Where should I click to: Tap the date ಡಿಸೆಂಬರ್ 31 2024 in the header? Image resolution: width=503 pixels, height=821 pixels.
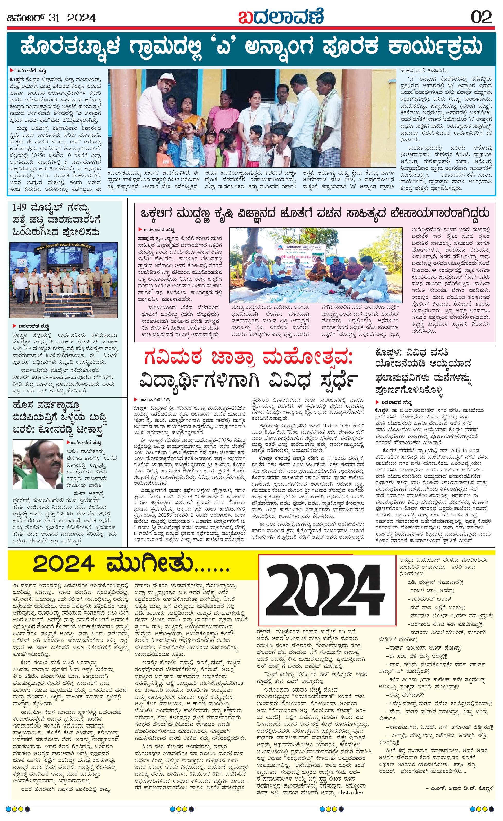point(52,17)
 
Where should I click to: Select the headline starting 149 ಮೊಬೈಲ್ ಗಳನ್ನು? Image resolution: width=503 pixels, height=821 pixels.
point(57,220)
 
